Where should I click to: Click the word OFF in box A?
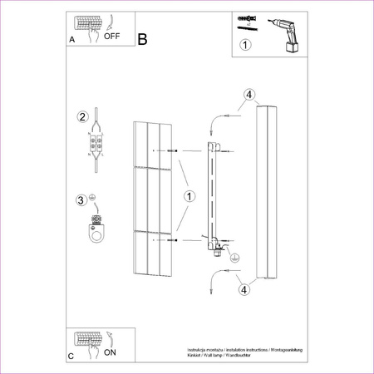[112, 36]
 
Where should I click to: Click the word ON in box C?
[111, 352]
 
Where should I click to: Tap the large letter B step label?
[142, 39]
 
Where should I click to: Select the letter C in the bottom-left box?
[71, 356]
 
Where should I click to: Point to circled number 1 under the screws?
[245, 47]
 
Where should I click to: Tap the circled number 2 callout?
[81, 116]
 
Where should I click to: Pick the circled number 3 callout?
[81, 199]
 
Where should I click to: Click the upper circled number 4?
[247, 95]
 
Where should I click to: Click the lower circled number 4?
[244, 290]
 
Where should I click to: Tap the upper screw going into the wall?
[171, 150]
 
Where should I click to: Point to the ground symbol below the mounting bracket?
[234, 259]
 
